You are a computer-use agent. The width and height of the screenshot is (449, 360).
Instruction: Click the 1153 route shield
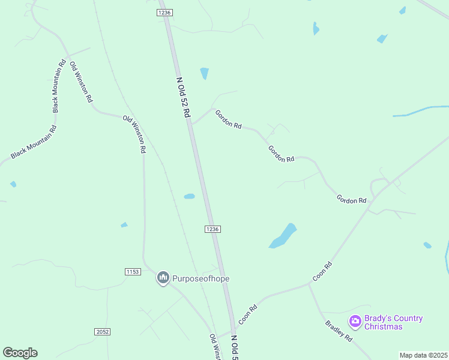pyautogui.click(x=133, y=272)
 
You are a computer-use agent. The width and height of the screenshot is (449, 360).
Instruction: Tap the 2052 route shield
pyautogui.click(x=102, y=332)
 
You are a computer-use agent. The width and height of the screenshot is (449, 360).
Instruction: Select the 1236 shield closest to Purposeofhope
pyautogui.click(x=212, y=229)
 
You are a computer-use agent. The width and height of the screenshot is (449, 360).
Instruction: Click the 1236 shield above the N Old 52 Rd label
pyautogui.click(x=165, y=13)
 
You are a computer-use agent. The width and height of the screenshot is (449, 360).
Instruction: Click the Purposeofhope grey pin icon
pyautogui.click(x=163, y=278)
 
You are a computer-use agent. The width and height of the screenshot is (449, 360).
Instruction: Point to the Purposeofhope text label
pyautogui.click(x=201, y=278)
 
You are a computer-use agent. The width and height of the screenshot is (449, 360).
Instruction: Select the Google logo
pyautogui.click(x=20, y=352)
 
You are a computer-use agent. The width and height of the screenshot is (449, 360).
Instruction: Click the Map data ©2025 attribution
pyautogui.click(x=423, y=355)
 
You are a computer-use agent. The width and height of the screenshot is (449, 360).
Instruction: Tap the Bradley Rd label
pyautogui.click(x=339, y=331)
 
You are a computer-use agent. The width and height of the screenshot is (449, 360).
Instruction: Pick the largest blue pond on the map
pyautogui.click(x=283, y=236)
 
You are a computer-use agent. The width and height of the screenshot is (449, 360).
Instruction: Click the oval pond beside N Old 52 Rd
pyautogui.click(x=189, y=196)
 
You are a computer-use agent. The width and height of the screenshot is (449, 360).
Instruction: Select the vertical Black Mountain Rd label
pyautogui.click(x=58, y=86)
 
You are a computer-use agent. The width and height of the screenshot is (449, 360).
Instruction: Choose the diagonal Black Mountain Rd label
pyautogui.click(x=33, y=142)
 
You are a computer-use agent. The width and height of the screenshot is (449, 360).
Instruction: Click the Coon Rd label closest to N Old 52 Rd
pyautogui.click(x=248, y=314)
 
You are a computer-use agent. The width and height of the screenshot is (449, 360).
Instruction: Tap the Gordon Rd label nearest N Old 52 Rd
pyautogui.click(x=228, y=119)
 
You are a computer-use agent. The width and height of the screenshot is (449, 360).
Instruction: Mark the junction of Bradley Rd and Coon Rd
pyautogui.click(x=309, y=284)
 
